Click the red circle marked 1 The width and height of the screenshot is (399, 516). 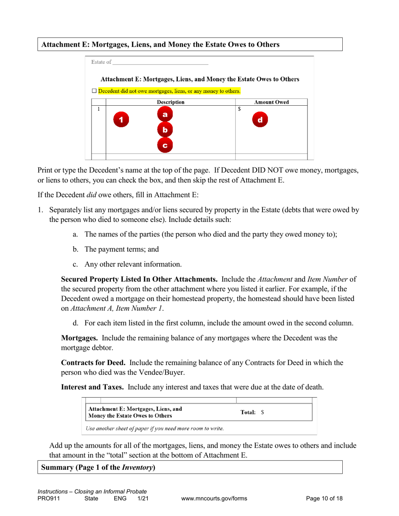(121, 120)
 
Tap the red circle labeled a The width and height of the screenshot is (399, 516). (165, 115)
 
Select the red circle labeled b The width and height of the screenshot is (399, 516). (165, 130)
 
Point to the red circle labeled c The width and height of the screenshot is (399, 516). (165, 146)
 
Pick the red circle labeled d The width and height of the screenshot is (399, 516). (260, 120)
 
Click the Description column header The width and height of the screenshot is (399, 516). (170, 102)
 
